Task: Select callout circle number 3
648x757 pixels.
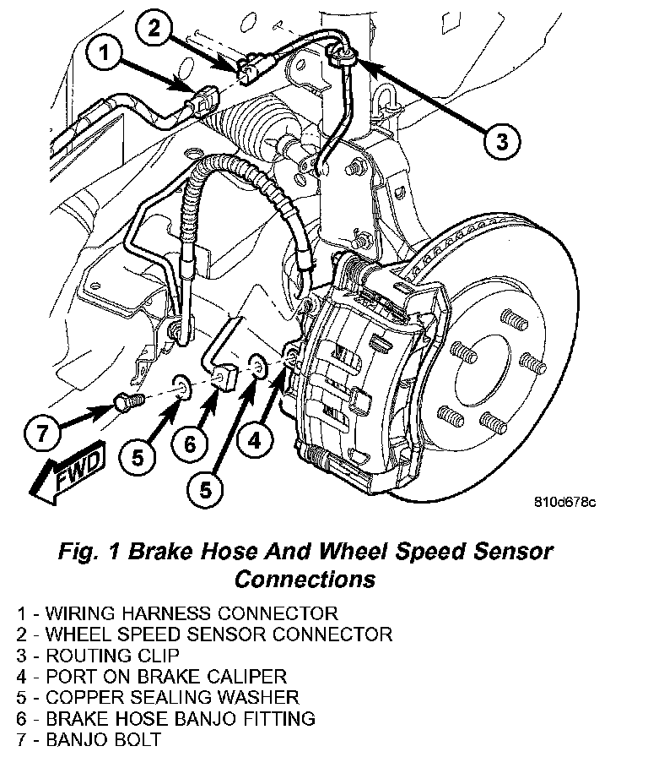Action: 503,140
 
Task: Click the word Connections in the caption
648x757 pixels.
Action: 305,580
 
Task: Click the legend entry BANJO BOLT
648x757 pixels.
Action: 89,740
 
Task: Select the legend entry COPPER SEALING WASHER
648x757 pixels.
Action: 158,698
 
